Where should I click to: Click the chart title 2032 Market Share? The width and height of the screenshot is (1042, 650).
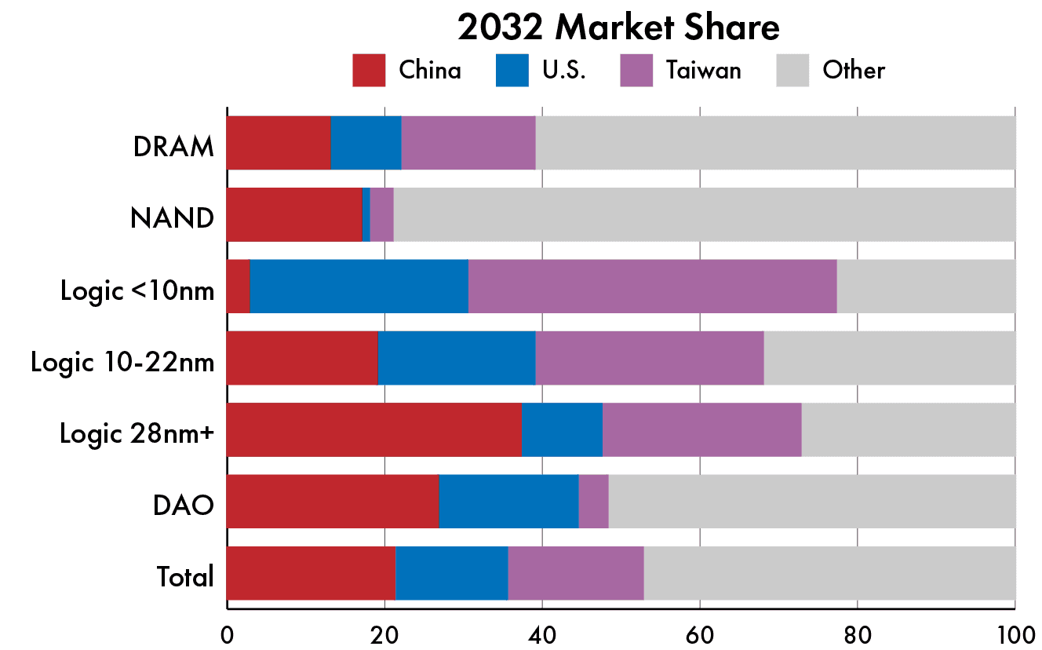[x=618, y=28]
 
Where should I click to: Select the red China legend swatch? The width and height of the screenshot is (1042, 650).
[x=369, y=70]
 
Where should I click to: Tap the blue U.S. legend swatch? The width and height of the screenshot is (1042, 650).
[x=512, y=70]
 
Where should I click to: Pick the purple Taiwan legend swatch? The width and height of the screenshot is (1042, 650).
[x=636, y=70]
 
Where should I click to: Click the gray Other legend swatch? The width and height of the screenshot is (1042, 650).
[x=792, y=70]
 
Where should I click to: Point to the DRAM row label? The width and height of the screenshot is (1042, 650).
[x=173, y=145]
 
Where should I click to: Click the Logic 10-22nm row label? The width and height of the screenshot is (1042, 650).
[x=122, y=362]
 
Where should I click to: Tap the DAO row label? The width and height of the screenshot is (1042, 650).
[x=184, y=505]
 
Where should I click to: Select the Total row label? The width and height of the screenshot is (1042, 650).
[x=185, y=577]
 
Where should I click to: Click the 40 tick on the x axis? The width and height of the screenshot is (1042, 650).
[x=542, y=633]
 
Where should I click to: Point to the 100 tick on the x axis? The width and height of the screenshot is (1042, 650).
[x=1014, y=633]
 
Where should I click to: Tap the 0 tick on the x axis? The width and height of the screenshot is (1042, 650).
[x=227, y=633]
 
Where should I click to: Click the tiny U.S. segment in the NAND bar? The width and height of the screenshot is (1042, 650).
[x=366, y=214]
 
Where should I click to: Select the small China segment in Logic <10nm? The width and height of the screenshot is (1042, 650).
[x=238, y=286]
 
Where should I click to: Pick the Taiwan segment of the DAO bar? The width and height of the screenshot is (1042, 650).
[x=593, y=501]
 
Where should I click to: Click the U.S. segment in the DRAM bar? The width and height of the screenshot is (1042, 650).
[x=366, y=142]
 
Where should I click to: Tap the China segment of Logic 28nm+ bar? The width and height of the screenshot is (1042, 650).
[x=373, y=429]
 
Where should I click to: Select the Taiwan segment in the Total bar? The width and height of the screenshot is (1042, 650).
[x=575, y=573]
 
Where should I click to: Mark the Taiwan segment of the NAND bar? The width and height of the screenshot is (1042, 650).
[x=381, y=214]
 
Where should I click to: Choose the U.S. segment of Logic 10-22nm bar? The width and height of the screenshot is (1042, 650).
[x=456, y=358]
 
